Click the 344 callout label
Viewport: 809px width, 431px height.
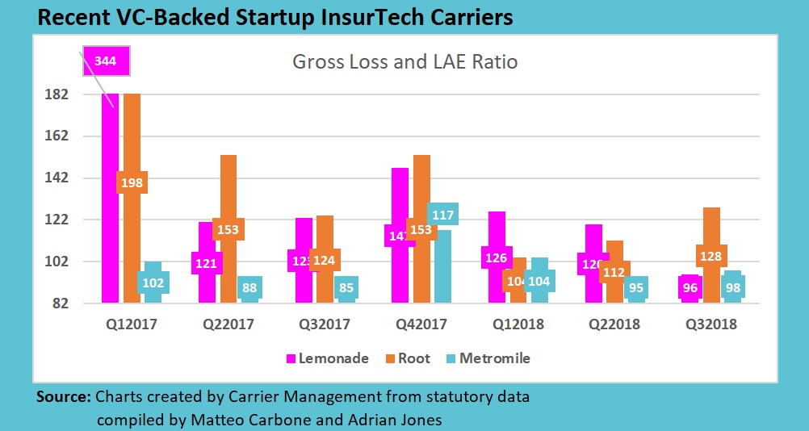105,61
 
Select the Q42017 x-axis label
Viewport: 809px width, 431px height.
422,325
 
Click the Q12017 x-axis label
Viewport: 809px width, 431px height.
132,325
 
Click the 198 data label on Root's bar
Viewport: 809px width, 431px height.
132,183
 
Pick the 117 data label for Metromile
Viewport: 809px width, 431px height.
442,215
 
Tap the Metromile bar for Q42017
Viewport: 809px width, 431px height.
442,266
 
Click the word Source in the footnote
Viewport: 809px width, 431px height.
63,397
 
